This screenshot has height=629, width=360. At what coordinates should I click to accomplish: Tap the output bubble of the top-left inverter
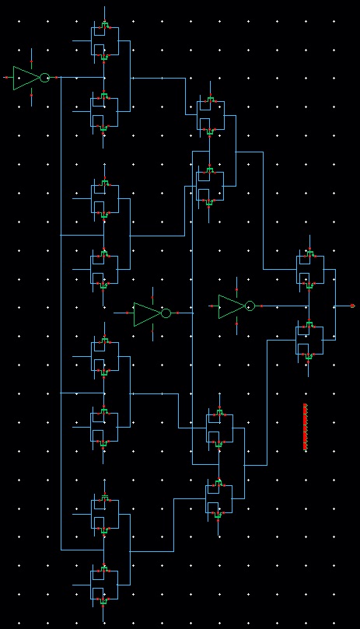click(44, 78)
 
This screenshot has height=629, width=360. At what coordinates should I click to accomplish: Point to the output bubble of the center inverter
click(166, 313)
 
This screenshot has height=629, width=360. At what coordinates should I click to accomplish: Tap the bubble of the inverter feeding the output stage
click(250, 306)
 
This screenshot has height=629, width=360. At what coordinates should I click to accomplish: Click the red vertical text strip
click(305, 427)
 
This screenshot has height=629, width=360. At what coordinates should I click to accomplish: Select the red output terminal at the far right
click(352, 306)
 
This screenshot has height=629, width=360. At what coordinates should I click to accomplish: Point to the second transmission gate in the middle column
click(209, 185)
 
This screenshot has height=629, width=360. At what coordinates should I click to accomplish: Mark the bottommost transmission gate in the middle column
click(218, 498)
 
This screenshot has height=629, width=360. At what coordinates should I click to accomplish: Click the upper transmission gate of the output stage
click(309, 269)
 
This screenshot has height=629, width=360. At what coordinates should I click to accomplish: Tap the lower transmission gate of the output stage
click(309, 340)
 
